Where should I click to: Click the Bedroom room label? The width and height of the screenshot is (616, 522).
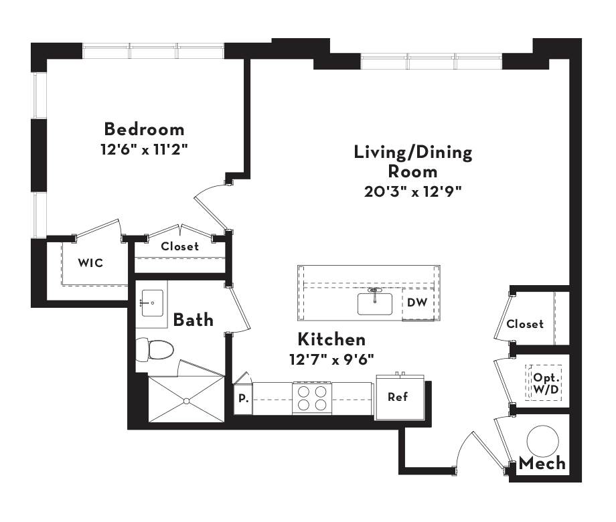click(x=144, y=129)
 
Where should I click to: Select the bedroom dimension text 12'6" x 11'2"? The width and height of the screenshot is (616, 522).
click(x=144, y=149)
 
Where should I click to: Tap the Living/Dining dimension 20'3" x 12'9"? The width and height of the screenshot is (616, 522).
click(x=412, y=191)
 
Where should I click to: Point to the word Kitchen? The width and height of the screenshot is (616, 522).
click(x=331, y=339)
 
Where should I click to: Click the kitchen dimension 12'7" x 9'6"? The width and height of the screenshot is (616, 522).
click(x=331, y=359)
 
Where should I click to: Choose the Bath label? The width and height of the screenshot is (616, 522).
click(x=194, y=320)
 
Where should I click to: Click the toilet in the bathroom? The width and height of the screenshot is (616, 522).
click(x=155, y=349)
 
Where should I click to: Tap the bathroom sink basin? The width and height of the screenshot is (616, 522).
click(x=153, y=303)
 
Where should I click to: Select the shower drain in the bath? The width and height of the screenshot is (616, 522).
click(x=187, y=401)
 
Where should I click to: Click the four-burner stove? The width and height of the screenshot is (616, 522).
click(x=312, y=398)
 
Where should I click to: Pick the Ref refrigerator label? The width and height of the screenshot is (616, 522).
click(x=398, y=397)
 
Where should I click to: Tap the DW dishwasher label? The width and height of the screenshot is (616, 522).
click(x=417, y=302)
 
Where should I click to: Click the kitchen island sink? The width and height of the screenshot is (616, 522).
click(x=375, y=304)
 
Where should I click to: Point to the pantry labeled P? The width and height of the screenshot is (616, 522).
click(x=244, y=398)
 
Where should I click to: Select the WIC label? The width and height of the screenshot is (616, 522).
click(x=90, y=263)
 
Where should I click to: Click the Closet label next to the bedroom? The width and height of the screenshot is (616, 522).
click(x=180, y=246)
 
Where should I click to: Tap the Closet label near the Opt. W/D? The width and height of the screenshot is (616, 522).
click(x=525, y=324)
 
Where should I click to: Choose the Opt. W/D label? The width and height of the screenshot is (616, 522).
click(x=546, y=383)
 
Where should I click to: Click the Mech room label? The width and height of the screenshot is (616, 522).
click(x=542, y=464)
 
